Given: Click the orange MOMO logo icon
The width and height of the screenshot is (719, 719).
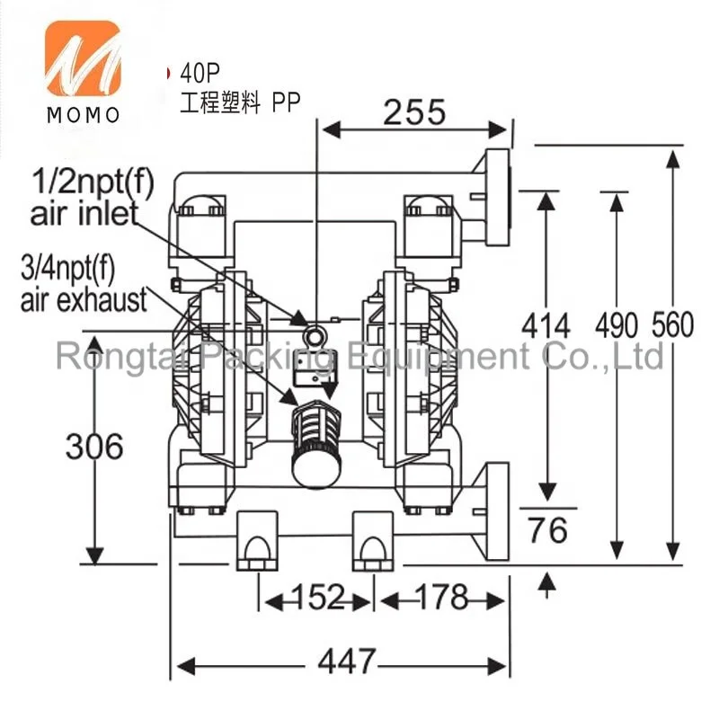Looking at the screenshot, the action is (x=83, y=58).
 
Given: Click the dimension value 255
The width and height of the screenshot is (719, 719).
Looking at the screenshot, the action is (x=414, y=112).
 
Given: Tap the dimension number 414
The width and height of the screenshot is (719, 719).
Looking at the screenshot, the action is (x=546, y=326).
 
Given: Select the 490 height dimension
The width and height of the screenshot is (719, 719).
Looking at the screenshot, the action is (x=617, y=326).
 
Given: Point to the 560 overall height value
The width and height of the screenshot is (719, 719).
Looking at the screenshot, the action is (x=672, y=325).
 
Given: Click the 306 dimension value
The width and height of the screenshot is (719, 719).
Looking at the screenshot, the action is (x=94, y=446).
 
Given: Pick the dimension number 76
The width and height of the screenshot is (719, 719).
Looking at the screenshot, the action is (x=547, y=530).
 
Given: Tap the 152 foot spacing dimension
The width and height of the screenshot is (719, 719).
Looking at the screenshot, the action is (x=317, y=597).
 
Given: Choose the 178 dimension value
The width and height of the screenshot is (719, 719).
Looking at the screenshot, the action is (x=442, y=597).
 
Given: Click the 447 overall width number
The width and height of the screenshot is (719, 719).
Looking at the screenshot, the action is (x=347, y=661).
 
